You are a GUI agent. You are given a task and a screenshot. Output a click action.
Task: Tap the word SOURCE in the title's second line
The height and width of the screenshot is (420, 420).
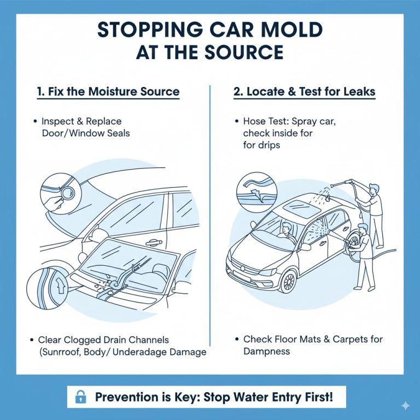241,52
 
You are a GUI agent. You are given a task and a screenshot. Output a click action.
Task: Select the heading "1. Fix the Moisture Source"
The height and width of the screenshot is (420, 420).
108,91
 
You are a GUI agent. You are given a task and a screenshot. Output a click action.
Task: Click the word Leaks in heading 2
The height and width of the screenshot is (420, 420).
356,91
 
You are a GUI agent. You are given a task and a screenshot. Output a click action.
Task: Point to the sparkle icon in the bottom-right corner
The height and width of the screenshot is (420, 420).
405,405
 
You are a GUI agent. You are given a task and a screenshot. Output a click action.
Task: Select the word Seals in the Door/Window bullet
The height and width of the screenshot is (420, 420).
116,133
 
